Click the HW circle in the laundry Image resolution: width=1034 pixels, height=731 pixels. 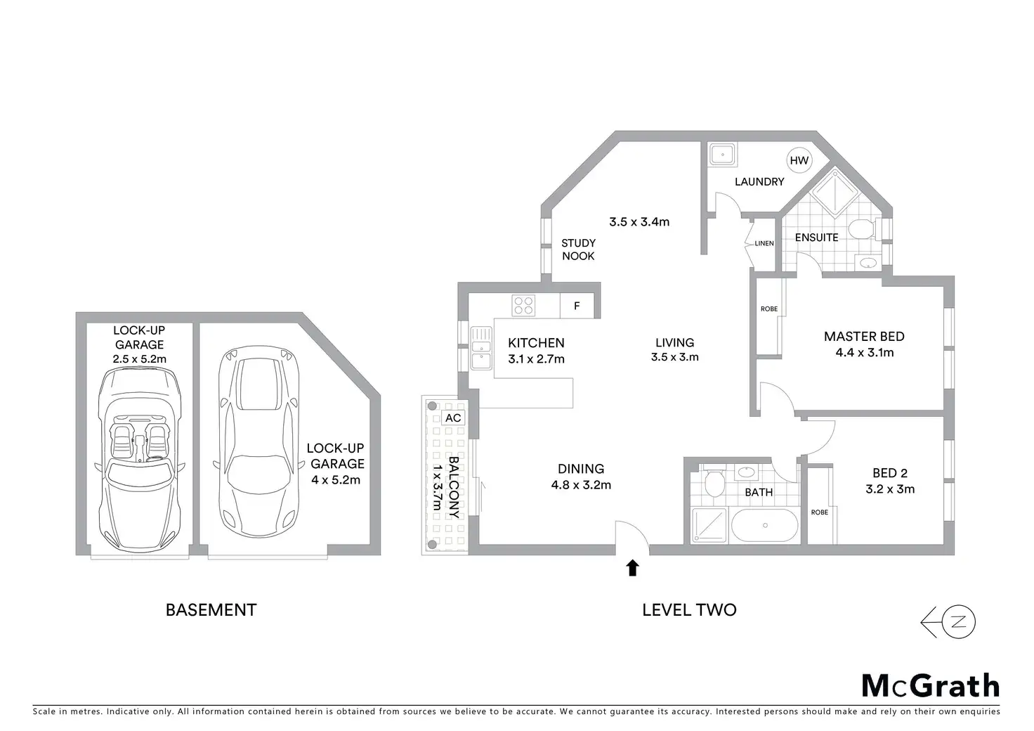point(799,160)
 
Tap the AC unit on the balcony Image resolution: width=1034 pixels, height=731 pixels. point(454,418)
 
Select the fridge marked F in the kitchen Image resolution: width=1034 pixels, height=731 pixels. point(577,306)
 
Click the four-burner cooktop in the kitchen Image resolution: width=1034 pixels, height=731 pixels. point(523,305)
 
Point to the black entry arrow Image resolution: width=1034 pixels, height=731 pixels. point(633,568)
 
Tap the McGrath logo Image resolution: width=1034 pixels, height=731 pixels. point(930,685)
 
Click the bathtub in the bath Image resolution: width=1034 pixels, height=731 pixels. point(765,526)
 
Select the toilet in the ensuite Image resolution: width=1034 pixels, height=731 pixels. point(860,228)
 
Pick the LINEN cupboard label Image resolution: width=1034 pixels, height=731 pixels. point(764,243)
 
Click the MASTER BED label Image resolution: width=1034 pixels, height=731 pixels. point(864,336)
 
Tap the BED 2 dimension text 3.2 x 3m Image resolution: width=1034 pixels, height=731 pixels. point(890,489)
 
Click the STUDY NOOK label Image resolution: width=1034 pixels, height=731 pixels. point(578,250)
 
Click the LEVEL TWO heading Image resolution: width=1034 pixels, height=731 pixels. point(689,609)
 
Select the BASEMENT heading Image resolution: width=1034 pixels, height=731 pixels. point(211,609)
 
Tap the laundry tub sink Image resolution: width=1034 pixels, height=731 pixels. point(721,154)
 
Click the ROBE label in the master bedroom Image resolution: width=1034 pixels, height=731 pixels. point(769,309)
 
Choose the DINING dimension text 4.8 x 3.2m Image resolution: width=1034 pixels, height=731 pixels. point(581,485)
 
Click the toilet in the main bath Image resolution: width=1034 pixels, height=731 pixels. point(715,484)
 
